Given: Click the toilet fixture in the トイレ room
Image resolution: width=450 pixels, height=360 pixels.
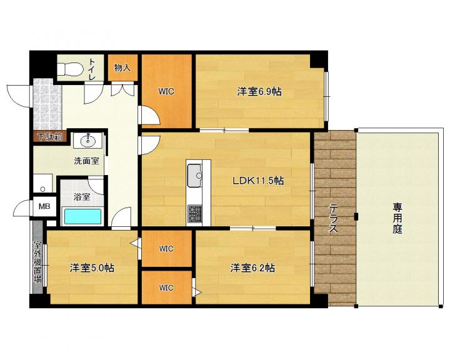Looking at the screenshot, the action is (x=70, y=69).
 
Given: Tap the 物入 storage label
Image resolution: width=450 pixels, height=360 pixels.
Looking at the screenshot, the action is (x=122, y=67).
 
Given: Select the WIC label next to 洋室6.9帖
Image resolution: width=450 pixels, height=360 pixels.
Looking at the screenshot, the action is (x=166, y=92).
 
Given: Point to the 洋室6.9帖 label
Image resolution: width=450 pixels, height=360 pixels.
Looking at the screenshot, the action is (x=259, y=92).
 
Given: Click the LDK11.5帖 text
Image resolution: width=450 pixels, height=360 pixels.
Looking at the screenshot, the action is (x=258, y=181).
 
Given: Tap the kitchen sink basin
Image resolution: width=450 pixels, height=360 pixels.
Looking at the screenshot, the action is (x=195, y=175).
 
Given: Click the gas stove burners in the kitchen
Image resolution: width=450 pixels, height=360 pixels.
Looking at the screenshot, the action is (x=195, y=214).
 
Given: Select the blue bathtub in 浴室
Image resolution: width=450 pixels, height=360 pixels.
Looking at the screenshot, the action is (x=82, y=216).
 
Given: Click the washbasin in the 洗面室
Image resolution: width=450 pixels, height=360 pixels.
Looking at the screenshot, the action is (x=88, y=141).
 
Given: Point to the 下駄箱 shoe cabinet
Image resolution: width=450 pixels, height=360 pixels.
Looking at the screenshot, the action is (x=50, y=137).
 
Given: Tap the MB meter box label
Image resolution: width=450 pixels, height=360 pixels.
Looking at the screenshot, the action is (x=44, y=206).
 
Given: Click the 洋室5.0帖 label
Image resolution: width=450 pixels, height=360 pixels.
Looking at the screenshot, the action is (x=92, y=268).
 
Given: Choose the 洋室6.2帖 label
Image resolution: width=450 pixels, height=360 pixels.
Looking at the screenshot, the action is (x=252, y=268).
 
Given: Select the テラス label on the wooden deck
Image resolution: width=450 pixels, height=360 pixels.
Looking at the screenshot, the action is (x=333, y=218).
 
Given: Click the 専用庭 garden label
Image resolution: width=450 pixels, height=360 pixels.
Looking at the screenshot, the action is (x=397, y=218).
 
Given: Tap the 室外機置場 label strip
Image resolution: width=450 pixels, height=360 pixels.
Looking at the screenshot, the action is (x=37, y=262).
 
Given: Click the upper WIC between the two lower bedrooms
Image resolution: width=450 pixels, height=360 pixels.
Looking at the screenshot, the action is (x=166, y=248).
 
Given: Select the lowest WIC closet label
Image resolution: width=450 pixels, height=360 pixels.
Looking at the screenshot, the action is (x=166, y=287).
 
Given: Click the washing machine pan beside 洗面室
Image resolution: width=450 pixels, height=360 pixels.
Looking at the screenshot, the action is (x=42, y=183).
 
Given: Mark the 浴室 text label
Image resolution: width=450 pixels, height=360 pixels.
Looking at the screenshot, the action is (x=82, y=197).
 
